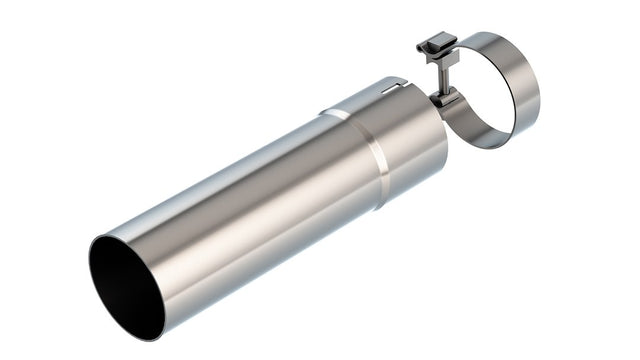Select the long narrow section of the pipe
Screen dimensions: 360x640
(250, 210)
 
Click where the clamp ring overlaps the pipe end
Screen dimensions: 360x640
(447, 110)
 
